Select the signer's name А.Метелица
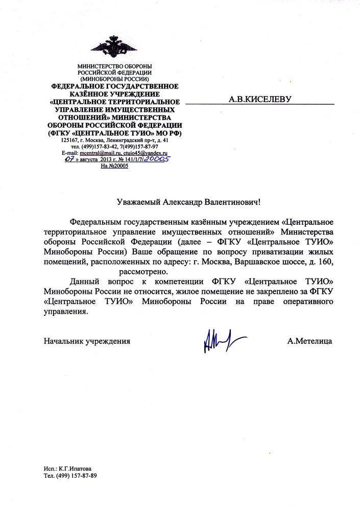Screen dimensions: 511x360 click(x=309, y=340)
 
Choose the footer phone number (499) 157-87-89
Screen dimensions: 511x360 click(x=76, y=476)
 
